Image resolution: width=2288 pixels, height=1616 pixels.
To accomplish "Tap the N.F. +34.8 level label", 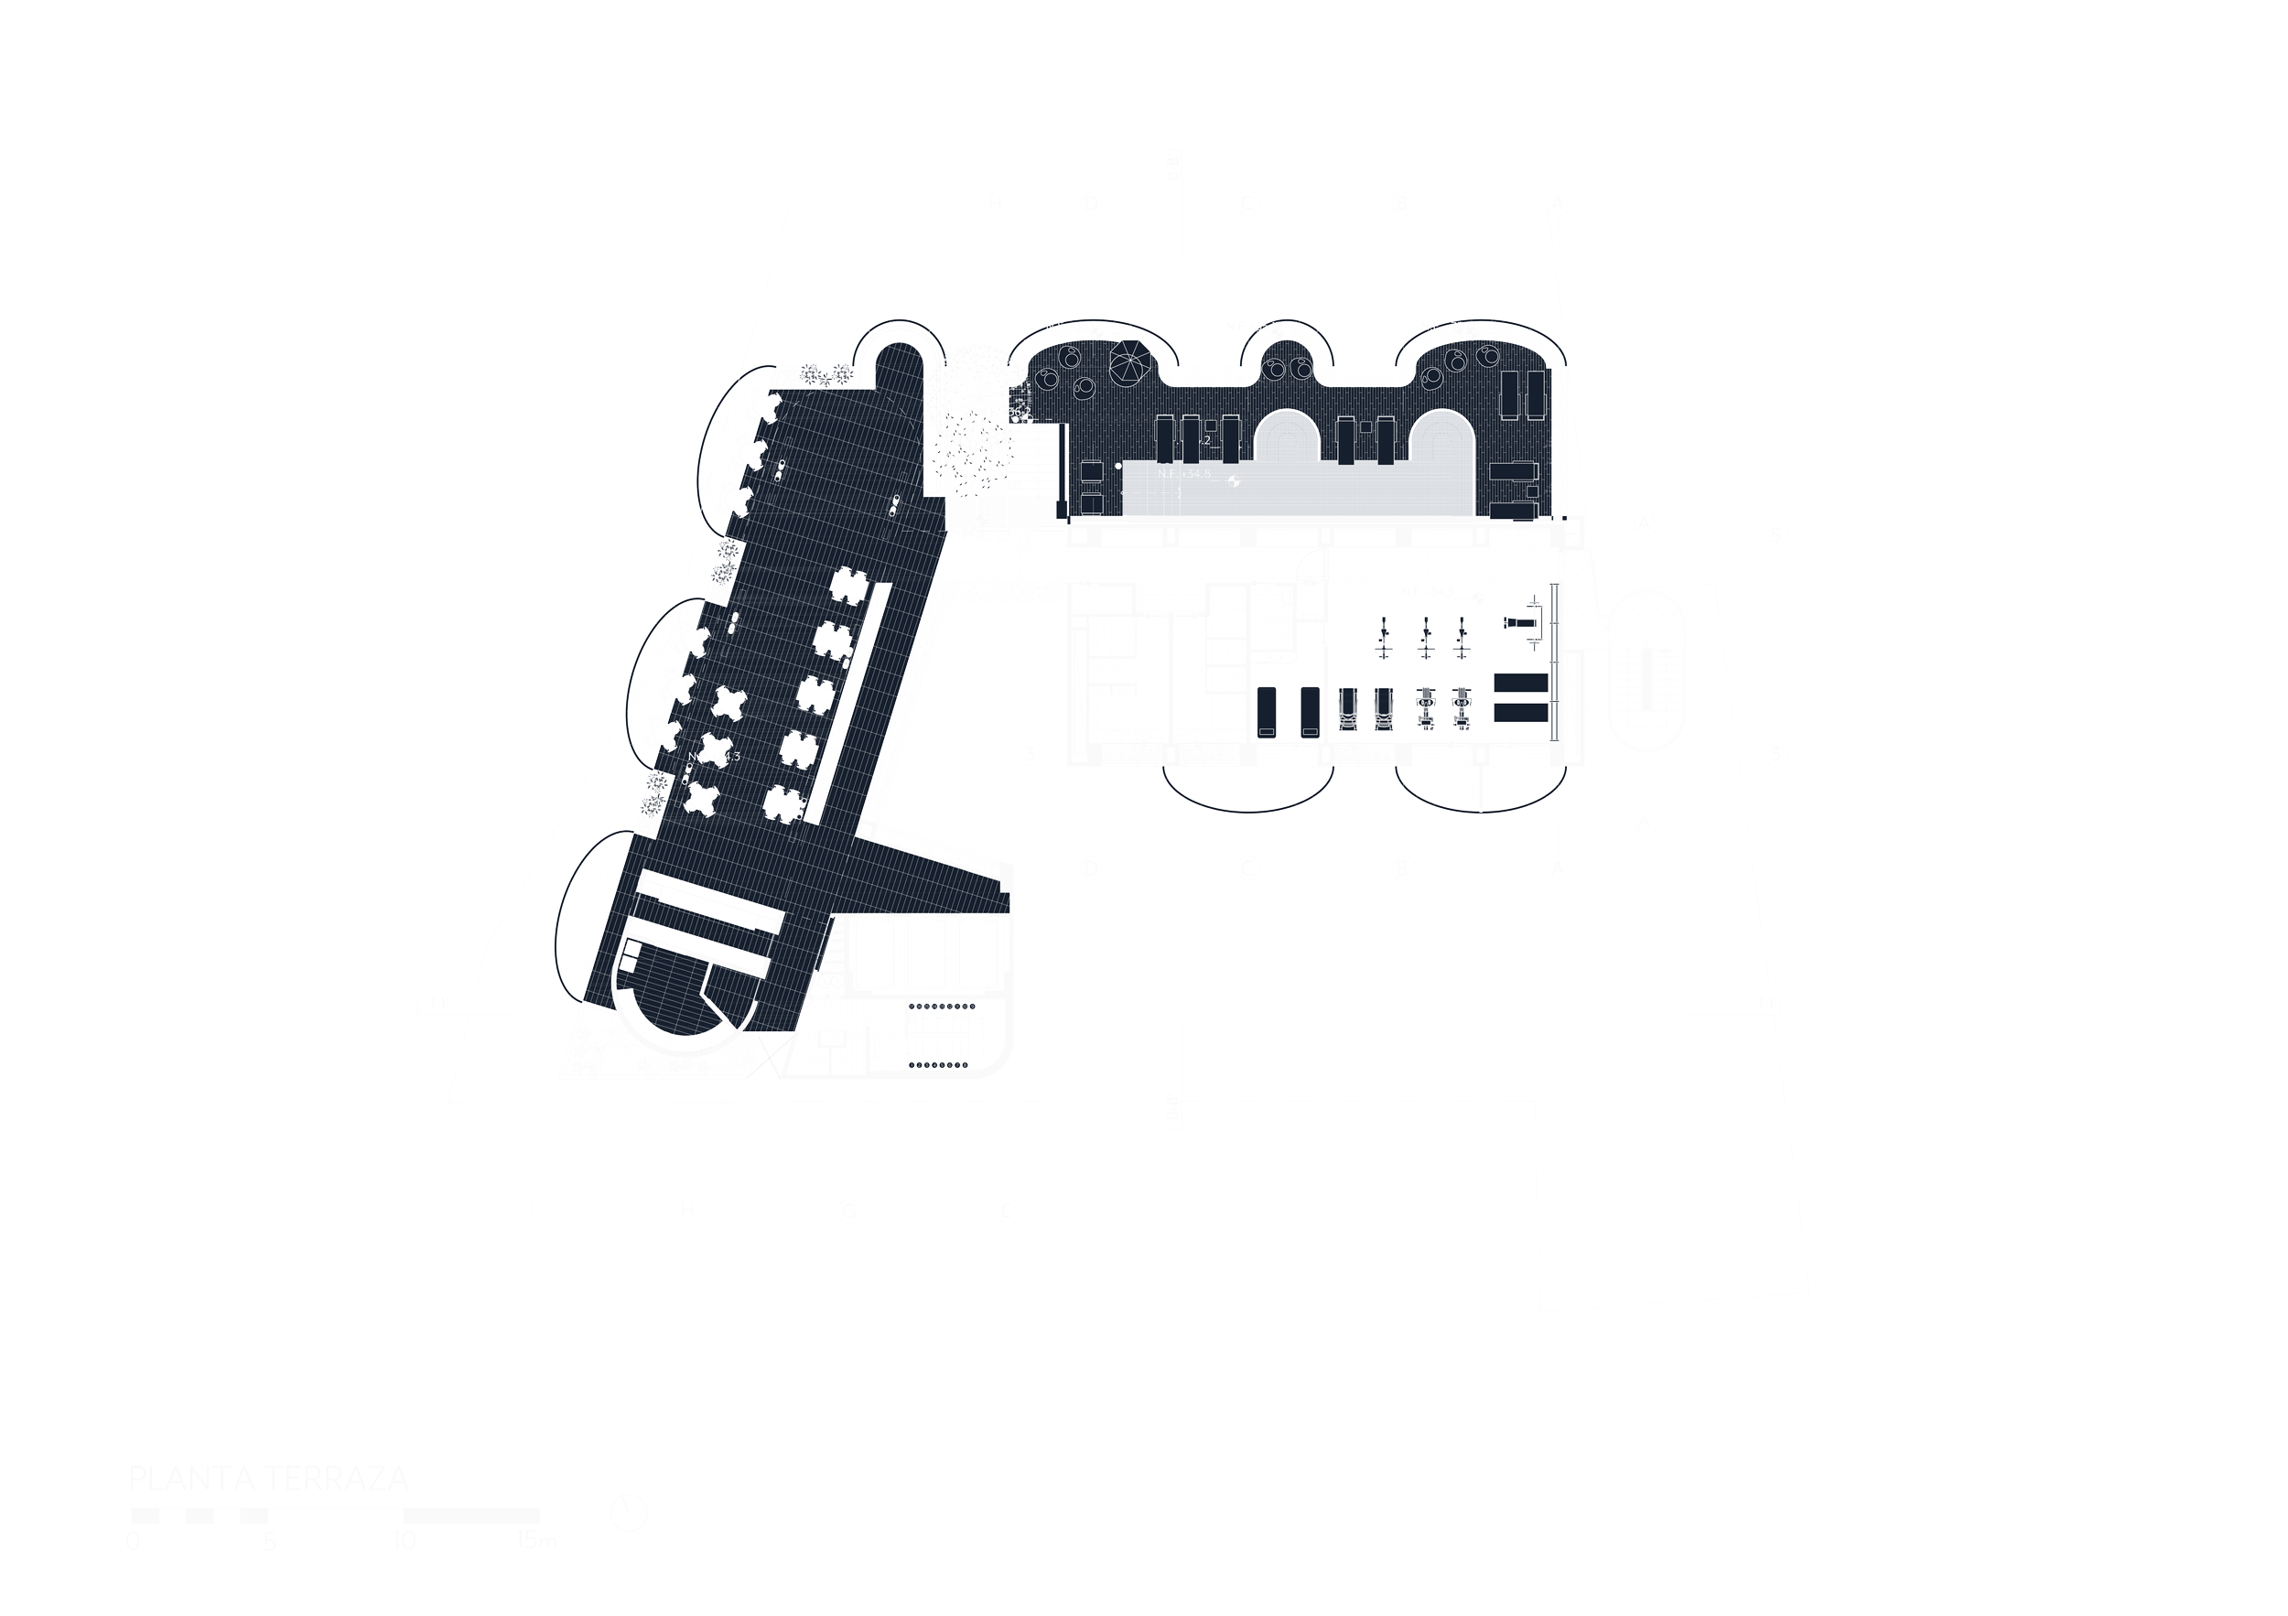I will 1184,473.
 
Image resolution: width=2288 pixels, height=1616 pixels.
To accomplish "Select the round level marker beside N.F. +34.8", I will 1235,481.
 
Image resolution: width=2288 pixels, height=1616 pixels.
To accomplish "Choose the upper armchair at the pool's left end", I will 1091,471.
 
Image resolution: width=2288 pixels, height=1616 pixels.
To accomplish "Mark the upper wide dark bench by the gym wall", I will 1521,684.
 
